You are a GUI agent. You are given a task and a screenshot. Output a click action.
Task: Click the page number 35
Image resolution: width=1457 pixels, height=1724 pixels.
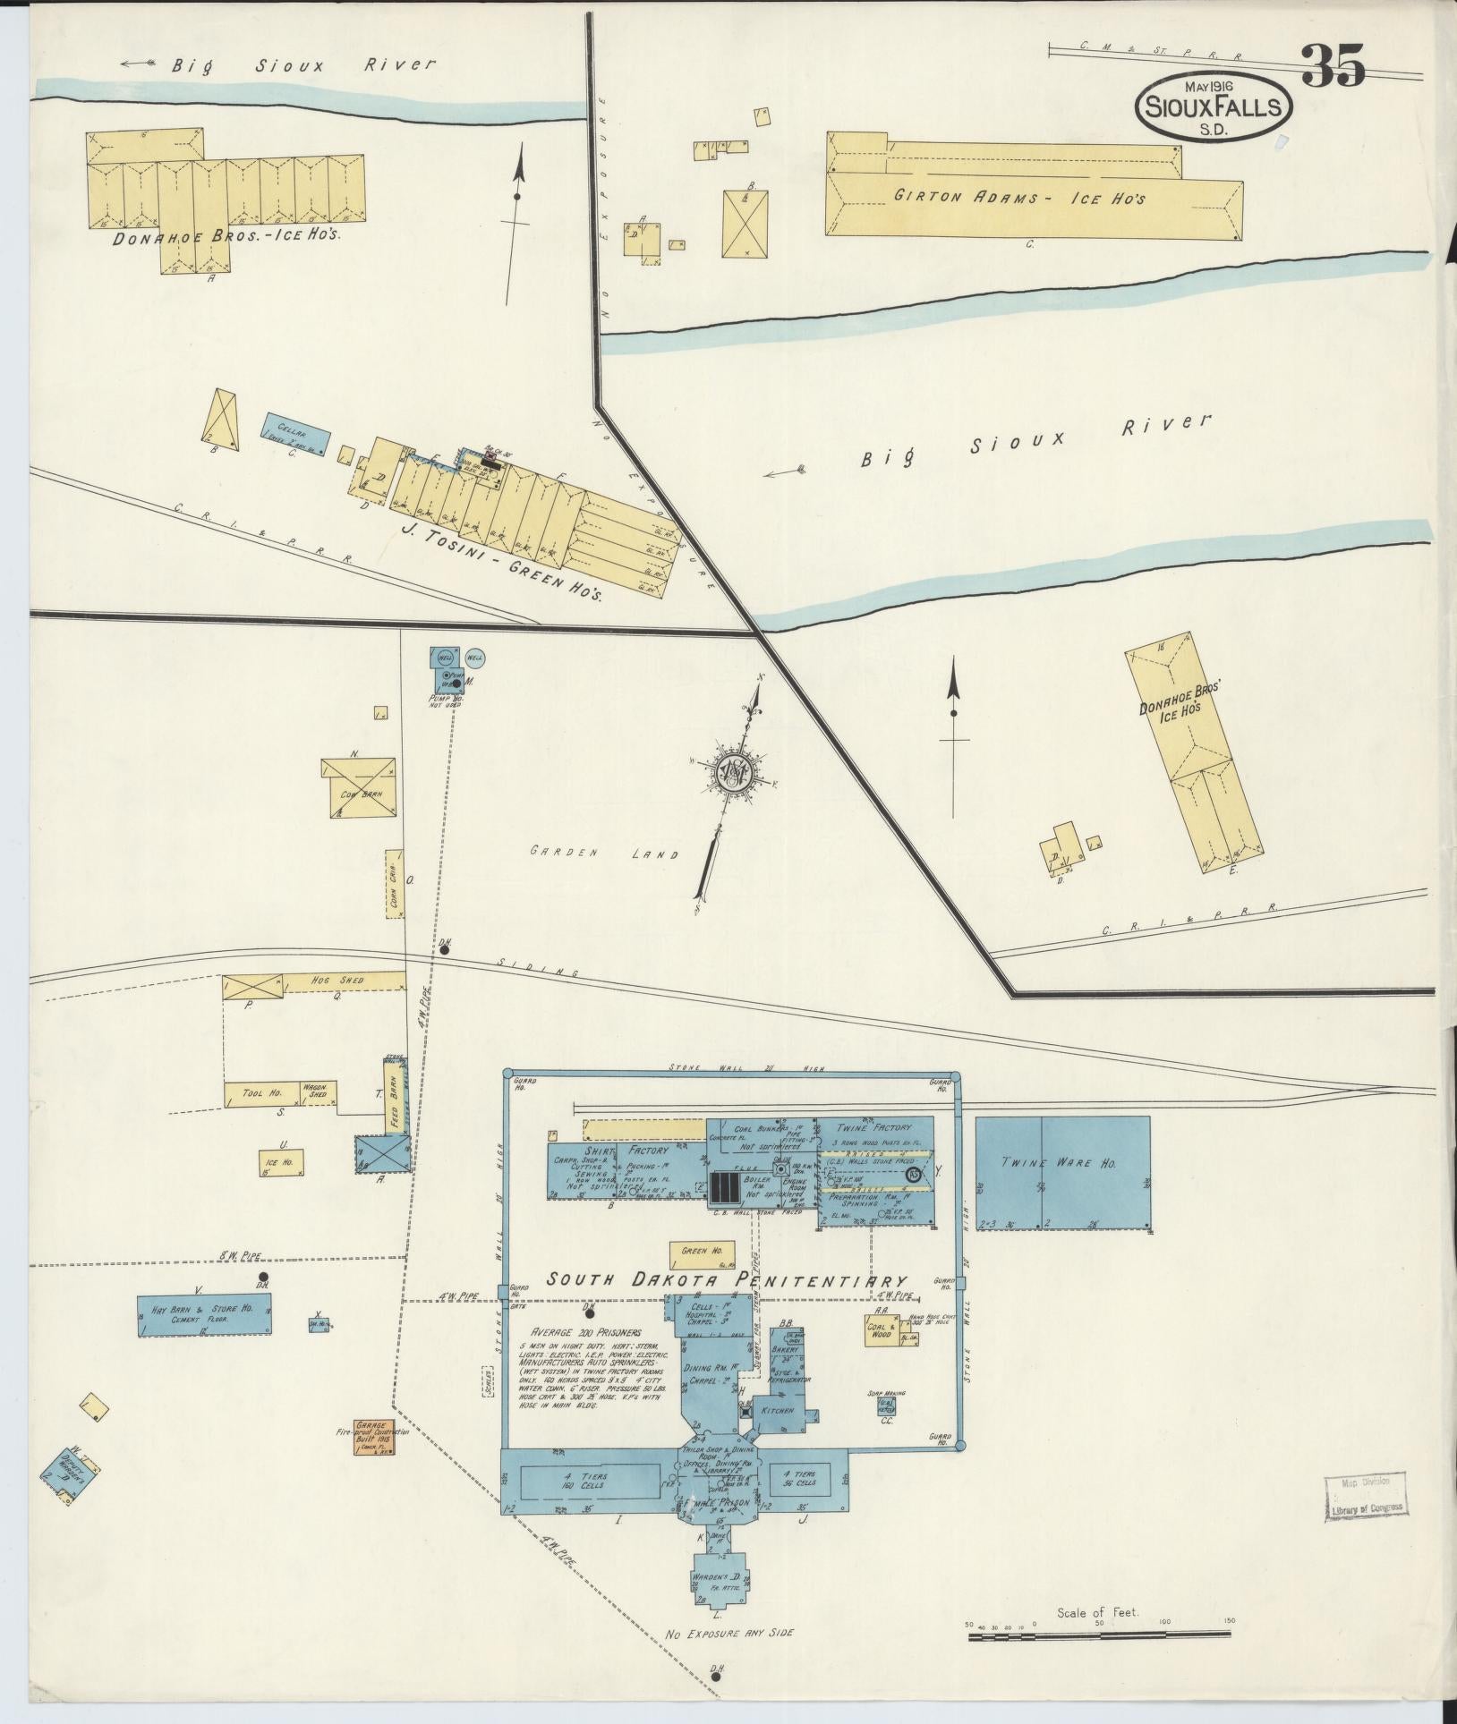1333,66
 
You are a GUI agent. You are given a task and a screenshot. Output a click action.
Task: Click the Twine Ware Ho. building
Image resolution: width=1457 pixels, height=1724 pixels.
1061,1172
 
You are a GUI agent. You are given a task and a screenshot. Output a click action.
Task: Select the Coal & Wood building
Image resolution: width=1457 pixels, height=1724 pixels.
881,1330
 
